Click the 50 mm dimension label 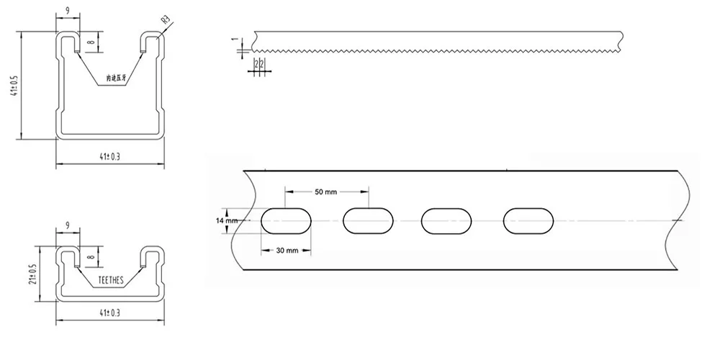click(x=326, y=192)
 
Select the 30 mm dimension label click(x=287, y=250)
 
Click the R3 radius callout click(x=166, y=19)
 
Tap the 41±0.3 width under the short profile click(x=109, y=312)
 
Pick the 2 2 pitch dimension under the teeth click(x=260, y=64)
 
